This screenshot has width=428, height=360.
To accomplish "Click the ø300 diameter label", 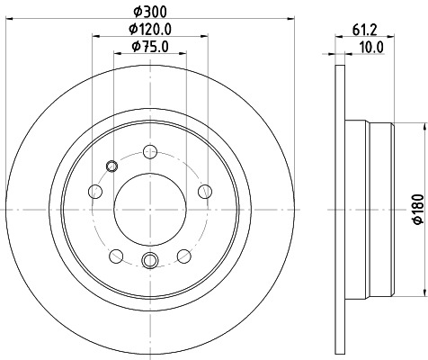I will click(x=149, y=11).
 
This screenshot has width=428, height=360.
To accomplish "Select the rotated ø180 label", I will click(x=416, y=209).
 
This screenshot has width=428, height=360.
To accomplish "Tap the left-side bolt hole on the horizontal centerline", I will click(x=94, y=191).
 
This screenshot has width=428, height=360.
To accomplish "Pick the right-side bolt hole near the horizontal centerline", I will click(x=205, y=190).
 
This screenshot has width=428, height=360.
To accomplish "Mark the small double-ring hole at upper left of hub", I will click(x=111, y=165).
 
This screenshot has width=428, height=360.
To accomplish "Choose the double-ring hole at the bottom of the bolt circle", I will click(x=149, y=262).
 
